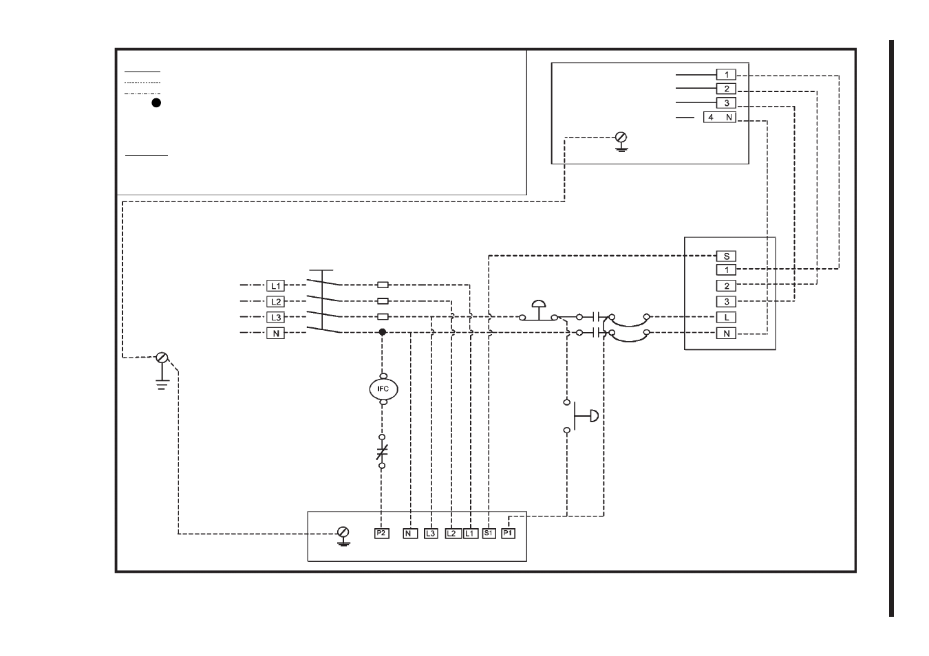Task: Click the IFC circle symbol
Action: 383,389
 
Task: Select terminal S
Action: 726,256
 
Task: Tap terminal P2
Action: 381,534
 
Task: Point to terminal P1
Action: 508,534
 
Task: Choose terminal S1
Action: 489,534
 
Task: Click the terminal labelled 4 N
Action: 720,118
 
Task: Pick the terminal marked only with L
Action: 726,318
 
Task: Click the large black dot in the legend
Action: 156,102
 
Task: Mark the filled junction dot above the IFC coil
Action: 383,332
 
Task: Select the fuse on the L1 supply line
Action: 383,285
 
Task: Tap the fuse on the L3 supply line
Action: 383,316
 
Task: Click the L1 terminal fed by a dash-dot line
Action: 275,285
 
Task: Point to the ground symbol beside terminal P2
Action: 343,536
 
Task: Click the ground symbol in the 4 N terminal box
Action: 621,142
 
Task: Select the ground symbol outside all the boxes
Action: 162,371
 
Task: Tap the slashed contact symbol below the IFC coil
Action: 382,451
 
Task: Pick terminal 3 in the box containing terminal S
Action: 726,301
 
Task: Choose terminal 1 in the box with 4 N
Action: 726,74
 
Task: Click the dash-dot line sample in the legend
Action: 142,94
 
